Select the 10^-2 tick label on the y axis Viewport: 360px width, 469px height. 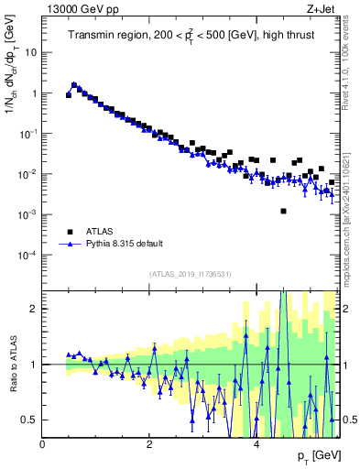pos(28,174)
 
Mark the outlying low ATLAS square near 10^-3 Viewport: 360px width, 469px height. pos(284,212)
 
